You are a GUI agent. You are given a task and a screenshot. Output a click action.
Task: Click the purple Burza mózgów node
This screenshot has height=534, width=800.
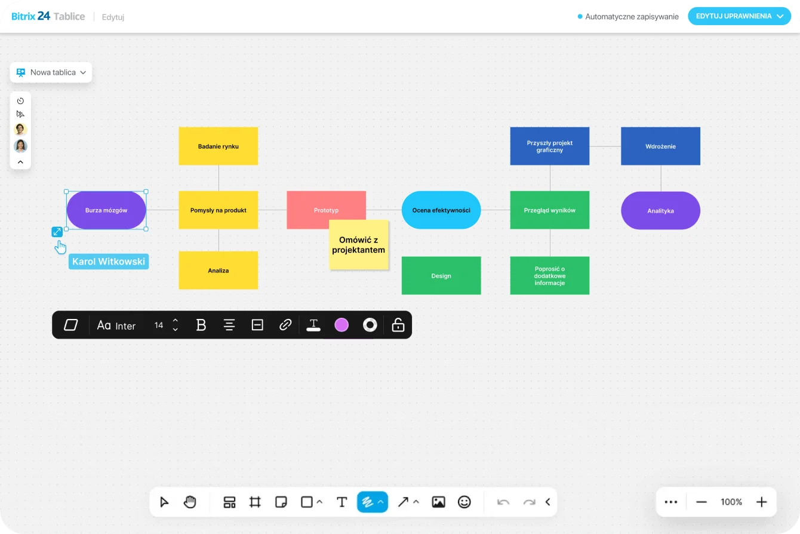pyautogui.click(x=106, y=210)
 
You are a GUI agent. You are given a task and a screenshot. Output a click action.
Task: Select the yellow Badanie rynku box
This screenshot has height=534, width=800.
pyautogui.click(x=219, y=146)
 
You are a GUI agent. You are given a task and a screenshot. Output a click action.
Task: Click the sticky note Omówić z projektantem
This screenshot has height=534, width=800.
pyautogui.click(x=359, y=245)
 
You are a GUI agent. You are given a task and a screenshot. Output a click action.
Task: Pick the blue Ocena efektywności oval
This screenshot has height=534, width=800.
pyautogui.click(x=441, y=210)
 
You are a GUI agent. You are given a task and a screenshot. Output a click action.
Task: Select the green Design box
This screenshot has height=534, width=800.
pyautogui.click(x=441, y=275)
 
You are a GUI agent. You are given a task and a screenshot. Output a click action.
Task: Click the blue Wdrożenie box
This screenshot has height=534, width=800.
pyautogui.click(x=660, y=146)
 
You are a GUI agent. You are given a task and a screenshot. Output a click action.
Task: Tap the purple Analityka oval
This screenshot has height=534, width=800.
pyautogui.click(x=660, y=210)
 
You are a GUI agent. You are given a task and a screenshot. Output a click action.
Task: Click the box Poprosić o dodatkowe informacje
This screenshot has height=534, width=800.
pyautogui.click(x=550, y=275)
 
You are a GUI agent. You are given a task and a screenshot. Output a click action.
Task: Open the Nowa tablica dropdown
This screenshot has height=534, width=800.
pyautogui.click(x=51, y=72)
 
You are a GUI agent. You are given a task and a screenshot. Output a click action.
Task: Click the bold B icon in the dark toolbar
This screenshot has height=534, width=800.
pyautogui.click(x=201, y=325)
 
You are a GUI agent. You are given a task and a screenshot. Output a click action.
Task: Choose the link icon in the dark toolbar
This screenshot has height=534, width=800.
pyautogui.click(x=285, y=325)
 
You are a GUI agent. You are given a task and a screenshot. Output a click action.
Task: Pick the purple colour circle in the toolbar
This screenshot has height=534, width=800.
pyautogui.click(x=341, y=325)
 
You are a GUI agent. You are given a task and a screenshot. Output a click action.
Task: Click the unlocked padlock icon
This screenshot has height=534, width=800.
pyautogui.click(x=398, y=325)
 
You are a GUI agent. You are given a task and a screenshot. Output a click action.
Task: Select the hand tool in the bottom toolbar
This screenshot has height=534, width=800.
pyautogui.click(x=190, y=502)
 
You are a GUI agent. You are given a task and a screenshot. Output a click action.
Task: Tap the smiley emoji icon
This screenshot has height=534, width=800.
pyautogui.click(x=464, y=502)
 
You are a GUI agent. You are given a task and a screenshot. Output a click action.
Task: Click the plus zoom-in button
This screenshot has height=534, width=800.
pyautogui.click(x=761, y=502)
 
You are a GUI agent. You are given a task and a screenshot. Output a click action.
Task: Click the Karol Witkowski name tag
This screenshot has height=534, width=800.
pyautogui.click(x=109, y=262)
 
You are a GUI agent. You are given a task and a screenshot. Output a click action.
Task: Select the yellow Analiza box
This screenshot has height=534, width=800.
pyautogui.click(x=219, y=270)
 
